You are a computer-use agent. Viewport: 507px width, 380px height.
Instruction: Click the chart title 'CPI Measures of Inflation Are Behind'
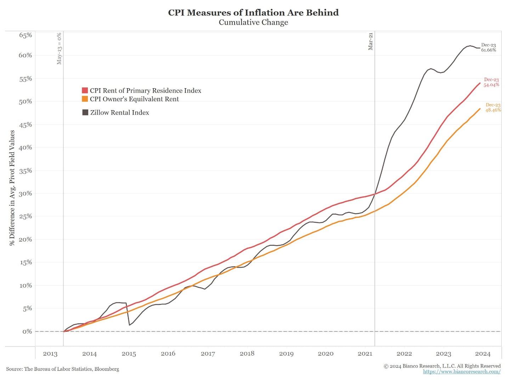coord(253,13)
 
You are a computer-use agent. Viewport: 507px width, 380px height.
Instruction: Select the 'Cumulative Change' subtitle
coord(253,22)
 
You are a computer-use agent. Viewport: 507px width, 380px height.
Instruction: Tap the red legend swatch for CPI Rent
coord(85,91)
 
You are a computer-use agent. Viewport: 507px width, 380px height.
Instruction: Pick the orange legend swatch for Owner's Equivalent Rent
coord(85,99)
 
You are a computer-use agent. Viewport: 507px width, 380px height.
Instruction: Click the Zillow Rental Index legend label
coord(119,113)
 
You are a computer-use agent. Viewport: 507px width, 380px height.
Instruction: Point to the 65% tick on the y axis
coord(26,35)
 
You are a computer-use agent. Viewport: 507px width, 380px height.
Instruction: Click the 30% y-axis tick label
coord(26,193)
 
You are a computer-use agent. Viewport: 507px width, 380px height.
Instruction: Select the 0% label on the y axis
coord(27,331)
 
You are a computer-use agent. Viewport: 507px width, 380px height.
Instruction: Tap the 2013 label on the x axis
coord(50,354)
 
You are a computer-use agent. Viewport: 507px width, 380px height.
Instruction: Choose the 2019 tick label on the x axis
coord(286,354)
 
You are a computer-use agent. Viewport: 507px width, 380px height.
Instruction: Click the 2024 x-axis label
coord(483,354)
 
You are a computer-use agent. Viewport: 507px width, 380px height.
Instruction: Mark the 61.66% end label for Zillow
coord(489,50)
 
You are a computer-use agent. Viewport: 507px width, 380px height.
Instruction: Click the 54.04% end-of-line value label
coord(491,85)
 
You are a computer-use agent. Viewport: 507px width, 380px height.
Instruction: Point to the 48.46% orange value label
coord(493,110)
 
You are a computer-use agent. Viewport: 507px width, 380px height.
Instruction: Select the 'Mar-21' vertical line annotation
coord(371,42)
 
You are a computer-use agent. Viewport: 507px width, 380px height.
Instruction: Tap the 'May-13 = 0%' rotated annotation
coord(59,49)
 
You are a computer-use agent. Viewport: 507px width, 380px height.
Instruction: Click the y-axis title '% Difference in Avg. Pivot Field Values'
coord(12,188)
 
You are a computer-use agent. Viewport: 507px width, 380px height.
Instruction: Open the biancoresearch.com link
coord(462,372)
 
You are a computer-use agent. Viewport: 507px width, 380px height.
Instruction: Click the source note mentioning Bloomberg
coord(63,369)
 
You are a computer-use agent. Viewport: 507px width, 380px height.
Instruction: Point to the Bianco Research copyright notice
coord(442,366)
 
